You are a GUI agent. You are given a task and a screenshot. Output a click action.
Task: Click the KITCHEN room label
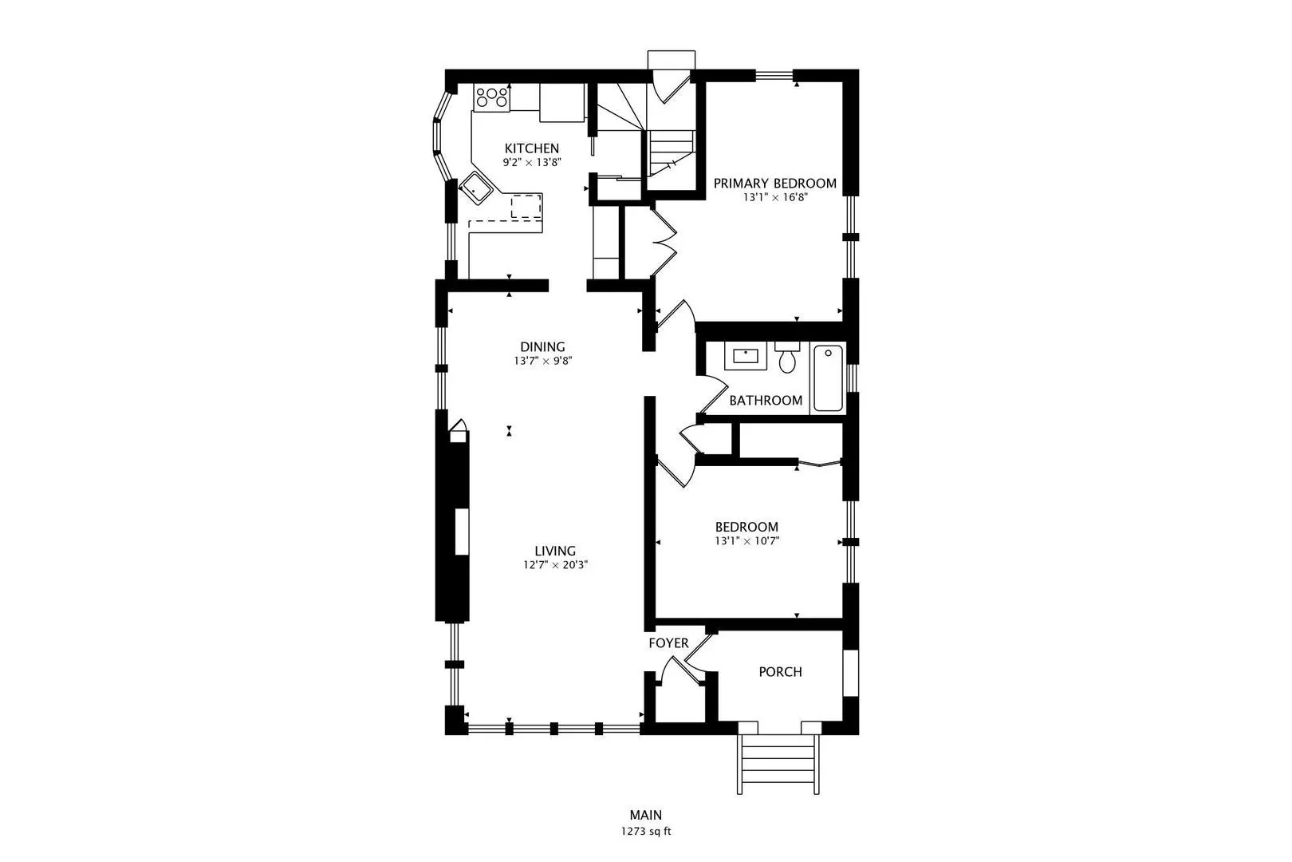tap(531, 148)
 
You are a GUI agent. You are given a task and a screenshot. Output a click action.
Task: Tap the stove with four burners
tap(492, 97)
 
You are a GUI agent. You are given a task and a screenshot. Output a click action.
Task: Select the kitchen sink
tap(476, 188)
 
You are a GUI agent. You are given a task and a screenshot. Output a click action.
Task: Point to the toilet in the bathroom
tap(786, 357)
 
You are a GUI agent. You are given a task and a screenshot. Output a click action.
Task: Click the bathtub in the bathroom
tap(828, 378)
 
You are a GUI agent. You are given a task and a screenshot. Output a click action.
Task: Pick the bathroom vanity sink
tap(746, 356)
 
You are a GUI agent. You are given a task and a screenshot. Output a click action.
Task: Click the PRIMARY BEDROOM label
tap(774, 184)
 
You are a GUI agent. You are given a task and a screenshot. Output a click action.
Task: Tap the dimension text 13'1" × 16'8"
tap(774, 197)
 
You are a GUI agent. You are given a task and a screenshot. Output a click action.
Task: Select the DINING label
tap(542, 347)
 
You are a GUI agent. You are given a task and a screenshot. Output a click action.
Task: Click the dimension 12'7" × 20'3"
tap(555, 565)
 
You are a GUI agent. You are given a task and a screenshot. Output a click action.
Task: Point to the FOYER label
tap(668, 643)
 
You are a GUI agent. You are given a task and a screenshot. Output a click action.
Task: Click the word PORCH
tap(780, 672)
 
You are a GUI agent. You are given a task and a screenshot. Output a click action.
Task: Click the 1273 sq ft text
tap(646, 832)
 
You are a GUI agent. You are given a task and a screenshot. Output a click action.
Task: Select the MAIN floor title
tap(646, 815)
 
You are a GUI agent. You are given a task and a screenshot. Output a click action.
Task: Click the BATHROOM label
tap(766, 401)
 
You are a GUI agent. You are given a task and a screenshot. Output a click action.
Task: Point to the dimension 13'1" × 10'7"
tap(747, 542)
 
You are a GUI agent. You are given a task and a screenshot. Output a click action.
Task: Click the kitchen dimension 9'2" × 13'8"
tap(531, 163)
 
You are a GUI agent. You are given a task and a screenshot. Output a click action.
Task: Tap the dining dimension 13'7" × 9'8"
tap(543, 362)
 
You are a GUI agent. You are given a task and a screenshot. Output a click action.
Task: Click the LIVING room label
tap(555, 551)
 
